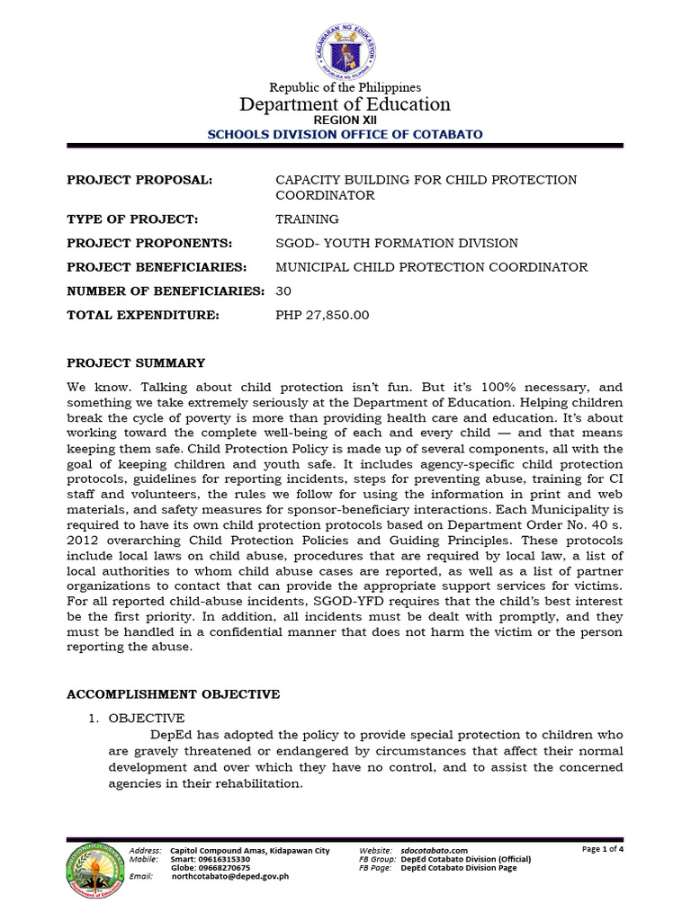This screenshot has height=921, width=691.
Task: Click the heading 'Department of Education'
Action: click(x=345, y=104)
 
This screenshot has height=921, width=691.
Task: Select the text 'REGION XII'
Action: click(x=345, y=120)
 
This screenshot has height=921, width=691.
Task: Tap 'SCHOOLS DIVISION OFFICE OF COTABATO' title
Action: click(x=345, y=134)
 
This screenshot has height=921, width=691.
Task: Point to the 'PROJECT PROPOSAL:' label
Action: click(x=139, y=180)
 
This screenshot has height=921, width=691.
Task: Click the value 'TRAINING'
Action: click(x=307, y=219)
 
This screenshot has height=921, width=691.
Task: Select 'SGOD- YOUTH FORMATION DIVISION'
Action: click(x=396, y=243)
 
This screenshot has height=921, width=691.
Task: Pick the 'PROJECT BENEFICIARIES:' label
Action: click(x=157, y=267)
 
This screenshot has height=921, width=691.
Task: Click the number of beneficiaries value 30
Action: click(x=283, y=291)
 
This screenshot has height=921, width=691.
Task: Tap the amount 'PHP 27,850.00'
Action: click(x=322, y=316)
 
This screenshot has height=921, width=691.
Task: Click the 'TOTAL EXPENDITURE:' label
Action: click(x=143, y=316)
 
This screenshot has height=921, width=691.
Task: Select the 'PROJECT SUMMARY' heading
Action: click(x=136, y=363)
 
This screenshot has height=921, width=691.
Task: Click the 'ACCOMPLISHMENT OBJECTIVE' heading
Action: click(x=174, y=694)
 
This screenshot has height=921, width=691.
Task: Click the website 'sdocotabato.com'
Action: click(x=435, y=850)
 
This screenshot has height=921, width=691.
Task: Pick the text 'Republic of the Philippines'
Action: click(x=345, y=87)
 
